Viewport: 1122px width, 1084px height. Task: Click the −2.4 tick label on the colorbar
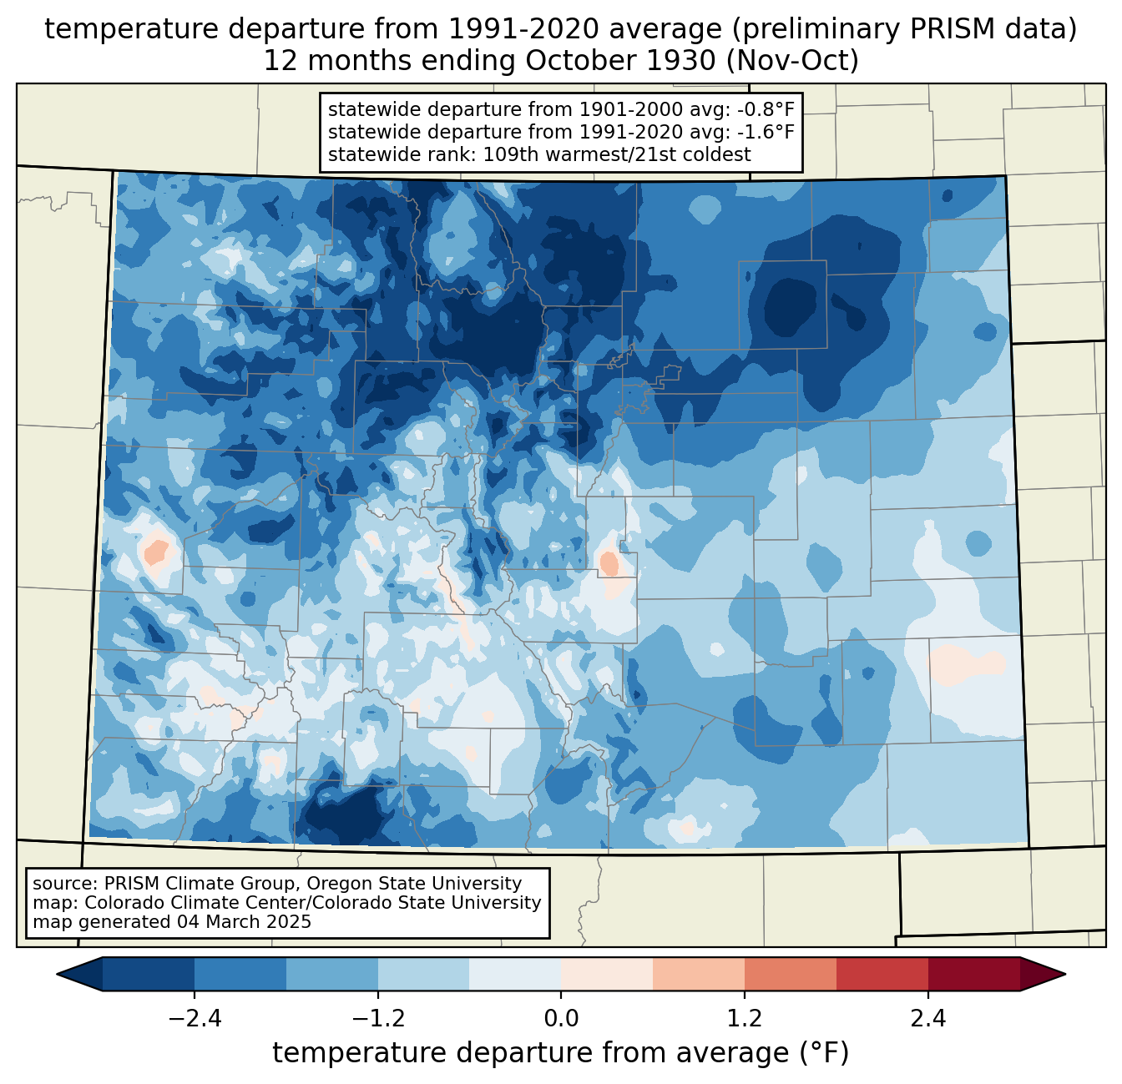coord(195,1020)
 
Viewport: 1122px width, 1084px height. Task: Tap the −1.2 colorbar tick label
coord(378,1020)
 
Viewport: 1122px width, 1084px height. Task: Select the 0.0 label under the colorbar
coord(561,1020)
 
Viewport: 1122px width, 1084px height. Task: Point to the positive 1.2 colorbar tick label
coord(745,1020)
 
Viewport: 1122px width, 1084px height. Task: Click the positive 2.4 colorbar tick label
coord(928,1020)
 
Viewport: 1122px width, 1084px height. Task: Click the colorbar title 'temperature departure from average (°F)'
coord(561,1053)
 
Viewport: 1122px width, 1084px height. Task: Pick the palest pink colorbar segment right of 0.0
coord(607,975)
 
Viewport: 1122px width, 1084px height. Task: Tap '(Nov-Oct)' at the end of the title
coord(792,61)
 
